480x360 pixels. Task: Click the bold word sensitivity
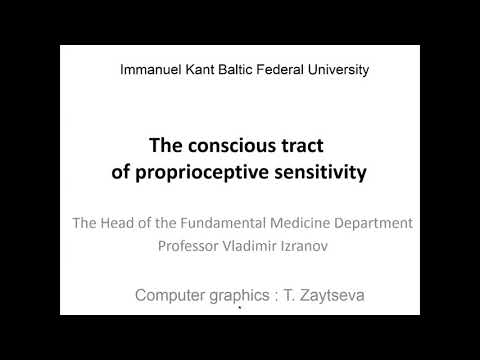[x=319, y=171]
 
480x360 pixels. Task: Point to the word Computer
[x=174, y=296]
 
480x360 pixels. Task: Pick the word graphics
[x=253, y=296]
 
